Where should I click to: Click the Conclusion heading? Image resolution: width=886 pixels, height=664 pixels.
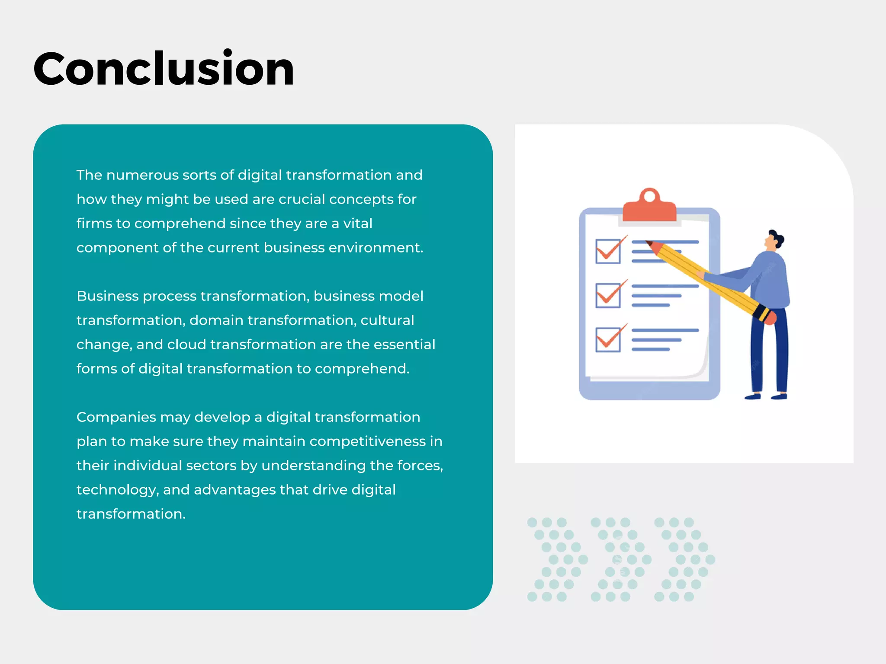click(164, 69)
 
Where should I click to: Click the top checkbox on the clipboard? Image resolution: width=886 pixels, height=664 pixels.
click(608, 251)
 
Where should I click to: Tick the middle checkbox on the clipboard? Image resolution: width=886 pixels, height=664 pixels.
click(608, 295)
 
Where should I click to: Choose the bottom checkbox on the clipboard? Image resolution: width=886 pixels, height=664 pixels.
click(608, 339)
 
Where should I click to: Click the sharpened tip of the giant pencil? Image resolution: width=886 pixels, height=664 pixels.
click(649, 243)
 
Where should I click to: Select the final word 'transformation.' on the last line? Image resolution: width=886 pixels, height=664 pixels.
click(131, 514)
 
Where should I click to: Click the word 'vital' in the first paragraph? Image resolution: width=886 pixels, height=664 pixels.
click(357, 223)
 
